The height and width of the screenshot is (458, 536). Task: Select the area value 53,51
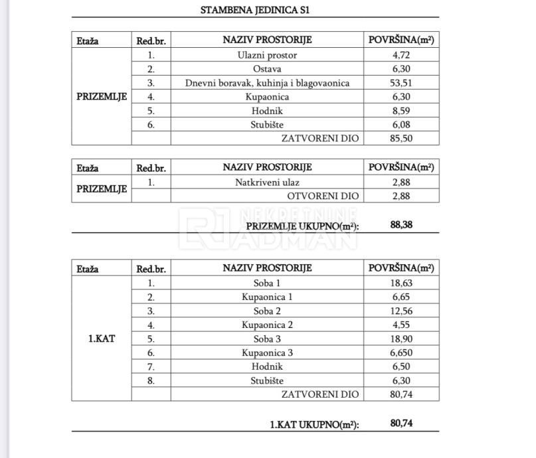(401, 83)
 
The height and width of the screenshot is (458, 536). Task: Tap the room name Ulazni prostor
(267, 55)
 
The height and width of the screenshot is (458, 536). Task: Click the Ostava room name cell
(267, 69)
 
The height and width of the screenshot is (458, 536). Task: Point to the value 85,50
(401, 138)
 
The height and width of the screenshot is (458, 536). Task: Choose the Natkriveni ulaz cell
(267, 182)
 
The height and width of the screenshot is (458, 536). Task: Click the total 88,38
(402, 225)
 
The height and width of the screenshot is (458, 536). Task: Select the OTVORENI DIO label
(323, 196)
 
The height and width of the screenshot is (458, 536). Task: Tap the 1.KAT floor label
(102, 338)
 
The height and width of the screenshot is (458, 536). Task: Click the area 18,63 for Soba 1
(401, 283)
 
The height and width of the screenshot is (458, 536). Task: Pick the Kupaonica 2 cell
(267, 325)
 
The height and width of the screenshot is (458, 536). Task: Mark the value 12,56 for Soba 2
(401, 311)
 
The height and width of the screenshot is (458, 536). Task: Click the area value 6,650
(401, 352)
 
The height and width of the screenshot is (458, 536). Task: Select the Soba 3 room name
(267, 339)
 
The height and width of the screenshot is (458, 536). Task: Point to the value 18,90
(401, 339)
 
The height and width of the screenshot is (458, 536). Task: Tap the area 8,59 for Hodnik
(401, 110)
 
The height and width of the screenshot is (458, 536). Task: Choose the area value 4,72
(401, 55)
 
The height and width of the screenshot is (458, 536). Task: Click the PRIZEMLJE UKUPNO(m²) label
(302, 226)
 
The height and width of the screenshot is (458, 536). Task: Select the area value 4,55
(401, 325)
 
